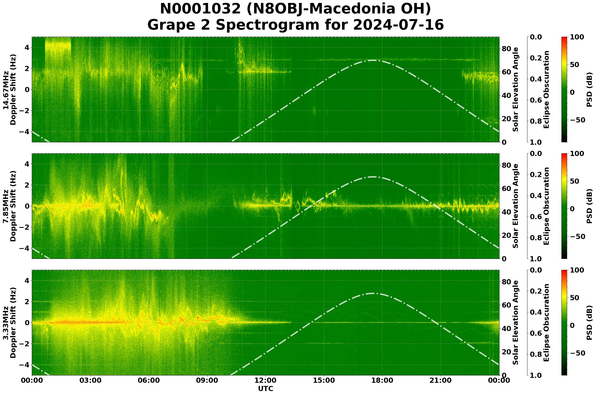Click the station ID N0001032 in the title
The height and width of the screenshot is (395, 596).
[x=201, y=9]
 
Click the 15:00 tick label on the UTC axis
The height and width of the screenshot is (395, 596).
[x=324, y=380]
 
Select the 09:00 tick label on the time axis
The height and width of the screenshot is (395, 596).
[x=207, y=380]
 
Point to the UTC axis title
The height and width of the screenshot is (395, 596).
[x=266, y=389]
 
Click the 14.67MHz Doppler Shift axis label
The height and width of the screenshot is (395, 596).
[x=9, y=90]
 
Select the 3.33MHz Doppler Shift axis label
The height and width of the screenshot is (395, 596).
[x=9, y=323]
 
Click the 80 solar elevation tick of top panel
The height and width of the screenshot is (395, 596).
[x=506, y=49]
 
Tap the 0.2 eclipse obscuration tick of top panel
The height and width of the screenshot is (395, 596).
[x=536, y=58]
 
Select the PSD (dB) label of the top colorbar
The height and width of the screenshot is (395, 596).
[x=589, y=90]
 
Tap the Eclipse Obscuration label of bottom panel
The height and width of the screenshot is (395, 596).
[x=546, y=323]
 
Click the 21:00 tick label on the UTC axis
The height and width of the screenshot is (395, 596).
[x=441, y=380]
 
